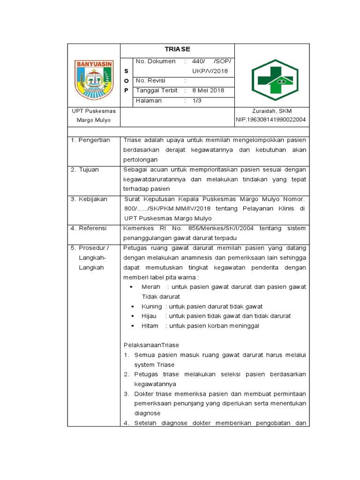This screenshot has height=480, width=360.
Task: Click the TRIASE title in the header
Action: tap(177, 50)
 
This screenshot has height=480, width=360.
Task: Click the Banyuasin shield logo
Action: tap(94, 80)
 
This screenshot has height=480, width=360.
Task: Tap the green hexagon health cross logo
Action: tap(272, 80)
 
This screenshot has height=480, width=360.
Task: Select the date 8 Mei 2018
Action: tap(208, 90)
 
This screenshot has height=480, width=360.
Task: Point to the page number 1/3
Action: tap(196, 100)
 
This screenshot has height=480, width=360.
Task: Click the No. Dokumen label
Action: tap(155, 61)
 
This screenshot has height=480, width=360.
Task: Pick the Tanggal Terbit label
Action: tap(157, 90)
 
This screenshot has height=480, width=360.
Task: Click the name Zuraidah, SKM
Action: tap(271, 111)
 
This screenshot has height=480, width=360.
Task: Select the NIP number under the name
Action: tap(271, 120)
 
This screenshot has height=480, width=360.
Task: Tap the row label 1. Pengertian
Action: tap(90, 140)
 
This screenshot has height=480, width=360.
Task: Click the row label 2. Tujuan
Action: tap(85, 170)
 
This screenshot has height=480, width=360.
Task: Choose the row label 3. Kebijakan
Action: tap(89, 199)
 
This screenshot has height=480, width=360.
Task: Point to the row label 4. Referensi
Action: tap(89, 228)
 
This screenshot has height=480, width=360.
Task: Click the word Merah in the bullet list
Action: tap(151, 287)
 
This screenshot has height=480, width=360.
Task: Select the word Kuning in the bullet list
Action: tap(151, 307)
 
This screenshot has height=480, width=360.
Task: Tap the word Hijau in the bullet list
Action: tap(149, 316)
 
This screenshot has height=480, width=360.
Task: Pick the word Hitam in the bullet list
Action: tap(150, 326)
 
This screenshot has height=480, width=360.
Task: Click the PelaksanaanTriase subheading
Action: tap(151, 345)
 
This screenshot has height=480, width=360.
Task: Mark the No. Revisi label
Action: tap(150, 81)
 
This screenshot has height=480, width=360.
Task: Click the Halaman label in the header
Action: tap(149, 100)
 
